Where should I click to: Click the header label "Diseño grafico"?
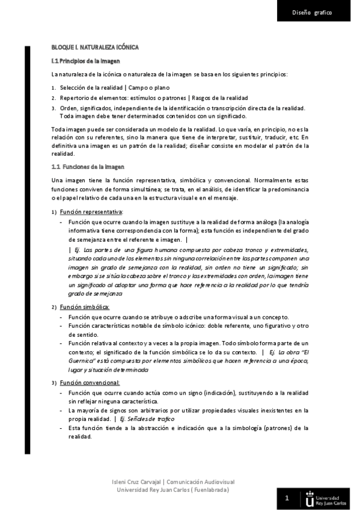coord(312,12)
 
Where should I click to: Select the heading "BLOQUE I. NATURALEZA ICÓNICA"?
coord(95,46)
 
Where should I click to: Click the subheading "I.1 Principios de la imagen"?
coord(85,61)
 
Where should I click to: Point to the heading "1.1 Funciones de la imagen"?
coord(87,167)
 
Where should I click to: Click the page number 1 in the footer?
coord(287,498)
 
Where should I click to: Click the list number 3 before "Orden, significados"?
coord(53,108)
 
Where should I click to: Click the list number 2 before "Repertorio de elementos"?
coord(53,98)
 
